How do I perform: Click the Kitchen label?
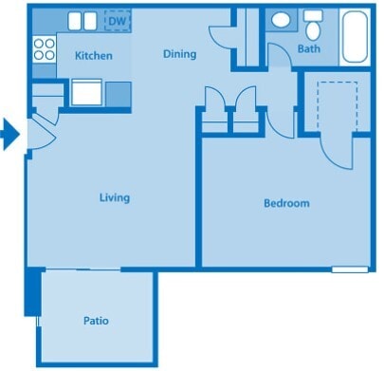coord(94,56)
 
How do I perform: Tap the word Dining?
coord(179,54)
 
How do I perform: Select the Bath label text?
coord(308,48)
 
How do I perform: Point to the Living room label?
coord(115,198)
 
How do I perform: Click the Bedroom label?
coord(285,203)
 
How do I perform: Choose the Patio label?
coord(95,321)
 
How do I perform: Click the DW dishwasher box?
coord(117,20)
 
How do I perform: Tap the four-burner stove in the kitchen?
coord(45,48)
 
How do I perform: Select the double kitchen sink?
coord(82,21)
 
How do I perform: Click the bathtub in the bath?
coord(357,36)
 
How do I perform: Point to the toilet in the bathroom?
coord(312,22)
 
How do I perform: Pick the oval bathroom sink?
coord(282,20)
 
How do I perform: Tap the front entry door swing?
coord(42,134)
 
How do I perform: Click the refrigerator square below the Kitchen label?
coord(86,93)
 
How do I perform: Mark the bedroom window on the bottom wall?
coord(349,269)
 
